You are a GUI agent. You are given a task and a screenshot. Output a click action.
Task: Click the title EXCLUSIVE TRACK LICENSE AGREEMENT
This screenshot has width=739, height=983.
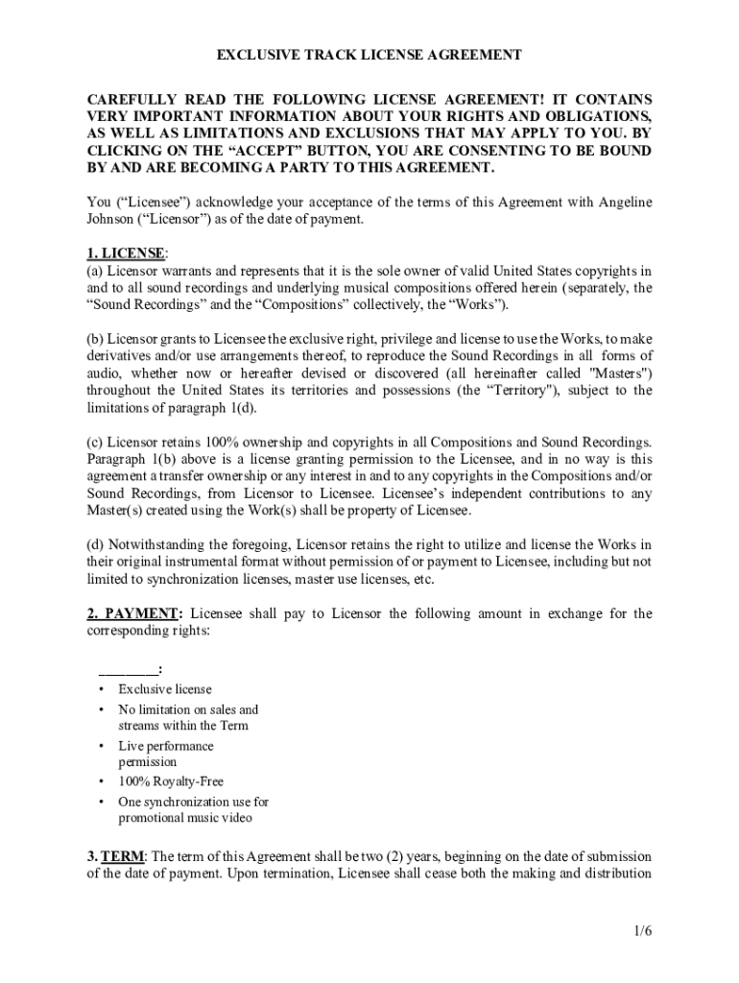[x=369, y=55]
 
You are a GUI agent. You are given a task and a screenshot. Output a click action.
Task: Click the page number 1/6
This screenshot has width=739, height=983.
[x=642, y=930]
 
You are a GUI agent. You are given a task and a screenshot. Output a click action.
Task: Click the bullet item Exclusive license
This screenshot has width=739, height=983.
[x=165, y=689]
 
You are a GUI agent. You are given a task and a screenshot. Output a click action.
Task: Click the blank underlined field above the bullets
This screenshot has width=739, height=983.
[x=128, y=669]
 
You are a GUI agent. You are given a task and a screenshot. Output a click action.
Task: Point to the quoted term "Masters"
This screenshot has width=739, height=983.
[x=619, y=373]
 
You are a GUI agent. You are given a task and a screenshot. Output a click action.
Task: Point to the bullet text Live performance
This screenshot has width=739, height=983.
[x=166, y=746]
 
